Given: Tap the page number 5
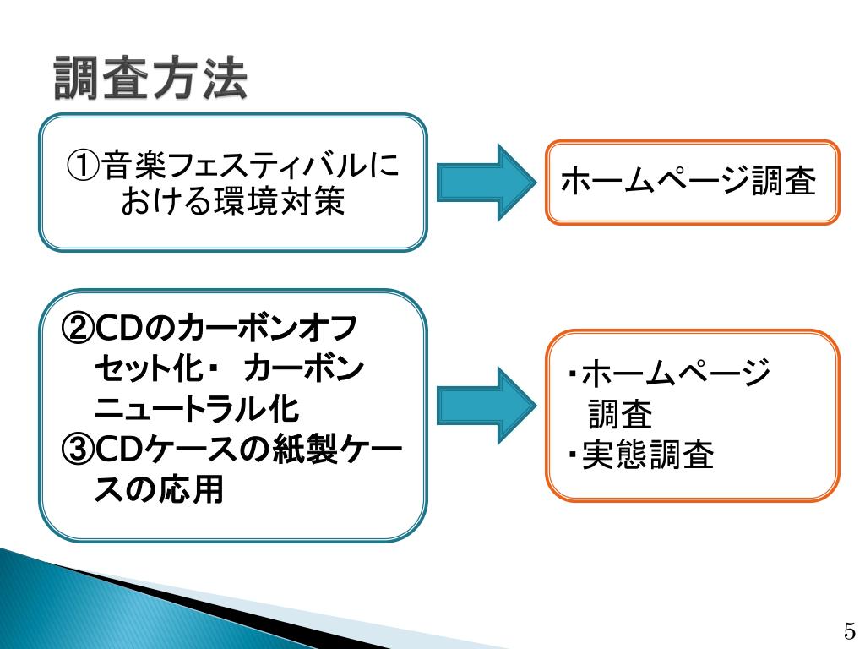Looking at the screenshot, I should pyautogui.click(x=849, y=630).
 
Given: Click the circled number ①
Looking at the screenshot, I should pyautogui.click(x=84, y=166).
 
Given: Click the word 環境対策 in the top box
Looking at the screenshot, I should pyautogui.click(x=278, y=203).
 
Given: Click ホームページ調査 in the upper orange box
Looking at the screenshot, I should pyautogui.click(x=688, y=181).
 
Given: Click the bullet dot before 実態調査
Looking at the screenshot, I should pyautogui.click(x=572, y=457).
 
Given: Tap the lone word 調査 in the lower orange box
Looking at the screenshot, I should pyautogui.click(x=620, y=415).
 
